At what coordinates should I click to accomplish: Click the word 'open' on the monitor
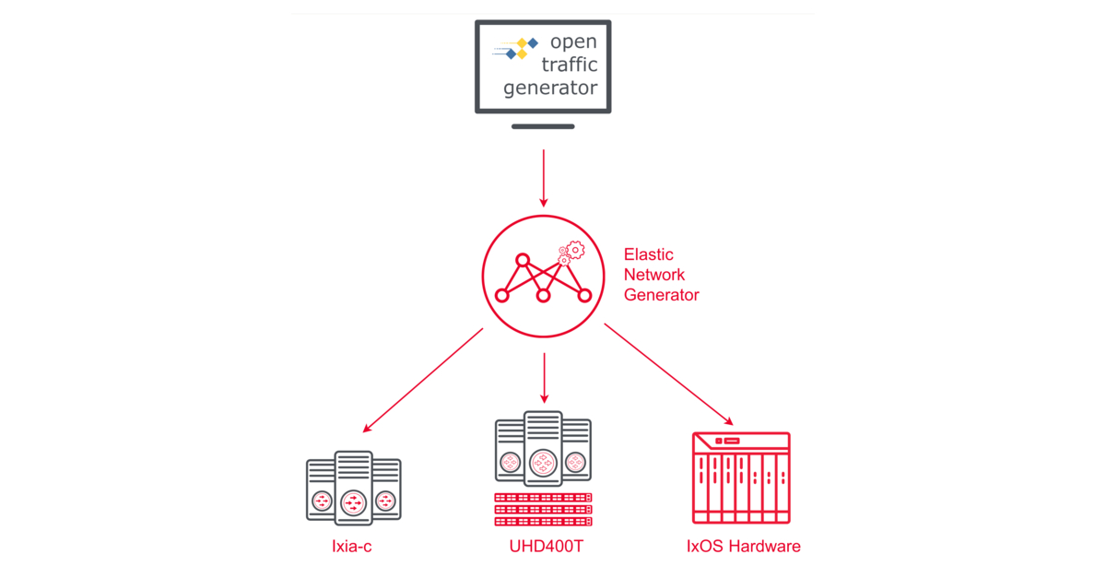573,41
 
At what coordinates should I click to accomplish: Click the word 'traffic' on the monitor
568,65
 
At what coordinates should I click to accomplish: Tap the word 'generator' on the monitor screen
550,89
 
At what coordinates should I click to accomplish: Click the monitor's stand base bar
543,126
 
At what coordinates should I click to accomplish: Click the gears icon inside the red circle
571,253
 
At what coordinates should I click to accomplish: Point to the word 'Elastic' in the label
649,254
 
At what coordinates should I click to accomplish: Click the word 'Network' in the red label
654,275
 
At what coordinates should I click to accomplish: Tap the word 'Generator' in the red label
661,295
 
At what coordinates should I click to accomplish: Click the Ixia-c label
351,547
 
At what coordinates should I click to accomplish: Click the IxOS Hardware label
743,547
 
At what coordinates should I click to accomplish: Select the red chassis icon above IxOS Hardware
741,478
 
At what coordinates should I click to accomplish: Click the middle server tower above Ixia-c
353,487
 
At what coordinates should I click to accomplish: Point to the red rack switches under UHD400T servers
544,509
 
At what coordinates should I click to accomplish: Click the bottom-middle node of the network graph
543,296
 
